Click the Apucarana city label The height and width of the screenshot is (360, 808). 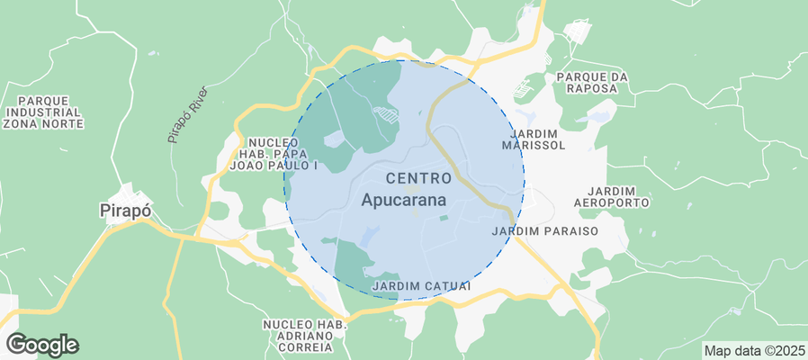404,201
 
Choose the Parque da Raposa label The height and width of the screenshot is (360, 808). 590,83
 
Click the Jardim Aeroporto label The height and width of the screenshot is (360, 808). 617,197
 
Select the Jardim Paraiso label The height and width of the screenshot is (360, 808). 558,231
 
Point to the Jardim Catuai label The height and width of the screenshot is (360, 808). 421,286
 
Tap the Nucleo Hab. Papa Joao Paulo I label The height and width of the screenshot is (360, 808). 275,154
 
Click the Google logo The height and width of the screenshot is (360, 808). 42,344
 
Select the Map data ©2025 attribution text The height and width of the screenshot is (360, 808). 754,350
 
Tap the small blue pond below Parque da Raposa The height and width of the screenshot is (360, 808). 594,117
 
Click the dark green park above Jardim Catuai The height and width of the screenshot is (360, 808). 354,261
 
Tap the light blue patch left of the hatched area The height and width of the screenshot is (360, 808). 333,139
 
